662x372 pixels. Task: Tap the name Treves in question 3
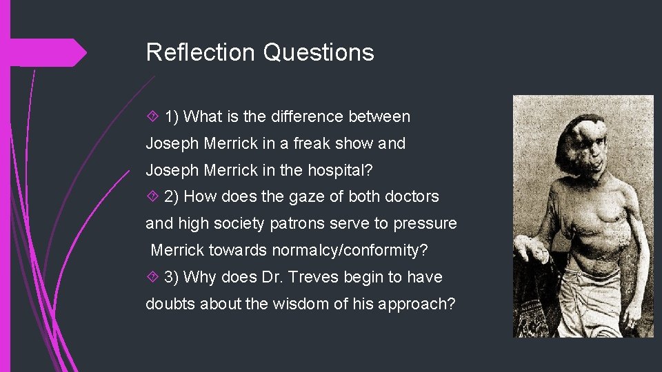[x=309, y=278]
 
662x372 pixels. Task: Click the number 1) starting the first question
[x=172, y=117]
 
